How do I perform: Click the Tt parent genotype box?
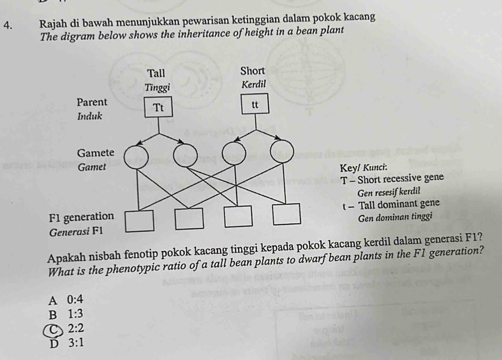coord(158,108)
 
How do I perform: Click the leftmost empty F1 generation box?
coord(139,221)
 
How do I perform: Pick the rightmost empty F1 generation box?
coord(287,214)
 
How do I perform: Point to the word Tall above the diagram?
coord(156,73)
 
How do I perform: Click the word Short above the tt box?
coord(253,71)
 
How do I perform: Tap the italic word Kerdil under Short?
coord(253,84)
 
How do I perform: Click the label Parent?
coord(92,102)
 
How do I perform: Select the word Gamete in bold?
coord(95,153)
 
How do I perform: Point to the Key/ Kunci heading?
coord(363,168)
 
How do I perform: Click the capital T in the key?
coord(344,181)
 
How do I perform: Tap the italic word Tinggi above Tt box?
coord(157,87)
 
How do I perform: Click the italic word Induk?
coord(90,116)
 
